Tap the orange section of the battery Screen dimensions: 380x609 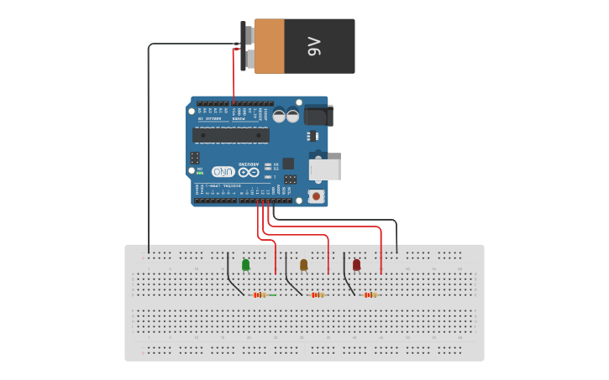point(270,46)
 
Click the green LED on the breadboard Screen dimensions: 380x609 point(245,265)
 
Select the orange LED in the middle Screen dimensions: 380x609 point(303,265)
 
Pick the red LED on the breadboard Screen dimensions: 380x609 point(356,265)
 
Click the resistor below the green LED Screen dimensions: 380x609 point(260,295)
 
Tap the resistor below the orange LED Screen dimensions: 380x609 point(317,295)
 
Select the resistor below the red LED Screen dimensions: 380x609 point(370,295)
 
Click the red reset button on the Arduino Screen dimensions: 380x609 point(316,196)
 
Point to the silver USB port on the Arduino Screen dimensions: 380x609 point(325,169)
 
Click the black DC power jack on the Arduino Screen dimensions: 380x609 point(318,115)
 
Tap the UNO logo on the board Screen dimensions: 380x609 point(223,171)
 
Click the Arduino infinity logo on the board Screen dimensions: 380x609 point(243,171)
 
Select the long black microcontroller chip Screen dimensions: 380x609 point(231,135)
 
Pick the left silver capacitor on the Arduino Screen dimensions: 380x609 point(278,116)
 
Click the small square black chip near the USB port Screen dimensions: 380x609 point(288,164)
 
